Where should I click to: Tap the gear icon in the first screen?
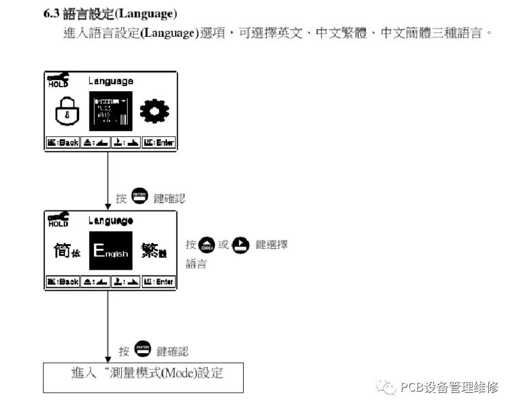[x=154, y=110]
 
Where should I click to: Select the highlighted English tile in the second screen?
[x=111, y=251]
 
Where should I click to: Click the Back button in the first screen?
[x=62, y=143]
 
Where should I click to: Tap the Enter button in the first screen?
[x=159, y=143]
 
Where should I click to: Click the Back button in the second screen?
[x=62, y=282]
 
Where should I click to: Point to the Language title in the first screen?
[x=111, y=81]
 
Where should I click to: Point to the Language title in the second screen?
[x=111, y=220]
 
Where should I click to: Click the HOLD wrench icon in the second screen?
[x=58, y=220]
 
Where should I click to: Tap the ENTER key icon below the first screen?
[x=140, y=197]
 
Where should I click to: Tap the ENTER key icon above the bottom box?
[x=143, y=350]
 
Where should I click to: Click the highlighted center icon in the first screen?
[x=111, y=111]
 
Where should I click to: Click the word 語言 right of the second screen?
[x=196, y=264]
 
